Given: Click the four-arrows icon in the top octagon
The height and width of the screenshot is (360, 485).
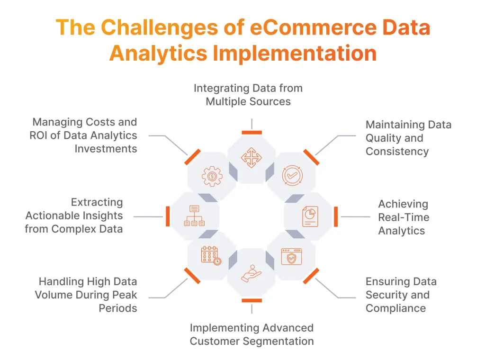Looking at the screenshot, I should click(x=251, y=158).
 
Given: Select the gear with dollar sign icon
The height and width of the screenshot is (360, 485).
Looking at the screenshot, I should click(x=212, y=176).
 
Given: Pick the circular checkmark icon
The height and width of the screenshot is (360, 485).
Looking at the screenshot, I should click(x=291, y=175).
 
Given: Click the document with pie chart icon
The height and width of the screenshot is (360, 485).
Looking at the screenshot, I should click(x=310, y=216).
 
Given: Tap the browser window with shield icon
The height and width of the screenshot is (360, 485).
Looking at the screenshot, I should click(x=291, y=256).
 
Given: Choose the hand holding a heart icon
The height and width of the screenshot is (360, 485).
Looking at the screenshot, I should click(x=251, y=274).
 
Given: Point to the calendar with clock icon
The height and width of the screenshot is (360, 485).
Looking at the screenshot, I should click(x=211, y=255).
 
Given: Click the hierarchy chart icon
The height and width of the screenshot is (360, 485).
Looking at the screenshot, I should click(x=194, y=216).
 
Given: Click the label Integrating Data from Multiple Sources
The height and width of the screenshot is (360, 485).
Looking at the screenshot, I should click(x=248, y=95).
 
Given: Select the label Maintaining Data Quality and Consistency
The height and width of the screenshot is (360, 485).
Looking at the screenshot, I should click(x=408, y=138).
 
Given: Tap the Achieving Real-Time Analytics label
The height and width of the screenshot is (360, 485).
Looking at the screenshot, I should click(x=404, y=217).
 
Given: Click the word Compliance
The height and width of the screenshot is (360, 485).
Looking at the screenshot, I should click(x=395, y=308).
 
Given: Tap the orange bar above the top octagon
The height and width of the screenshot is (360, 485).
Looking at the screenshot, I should click(x=251, y=133).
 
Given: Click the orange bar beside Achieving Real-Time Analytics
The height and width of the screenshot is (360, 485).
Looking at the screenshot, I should click(x=336, y=216).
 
